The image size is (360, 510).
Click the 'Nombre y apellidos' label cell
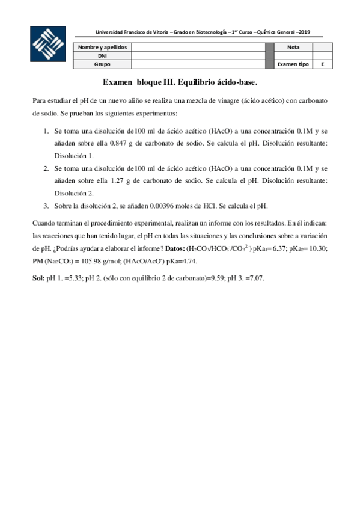[103, 46]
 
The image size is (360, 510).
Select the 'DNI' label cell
[103, 55]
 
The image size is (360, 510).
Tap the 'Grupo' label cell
[103, 63]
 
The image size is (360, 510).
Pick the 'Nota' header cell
[293, 46]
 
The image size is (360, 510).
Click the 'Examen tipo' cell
[293, 63]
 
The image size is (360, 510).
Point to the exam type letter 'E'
[323, 63]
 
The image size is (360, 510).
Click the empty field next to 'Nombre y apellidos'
[198, 46]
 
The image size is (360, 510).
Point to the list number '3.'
[46, 206]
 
